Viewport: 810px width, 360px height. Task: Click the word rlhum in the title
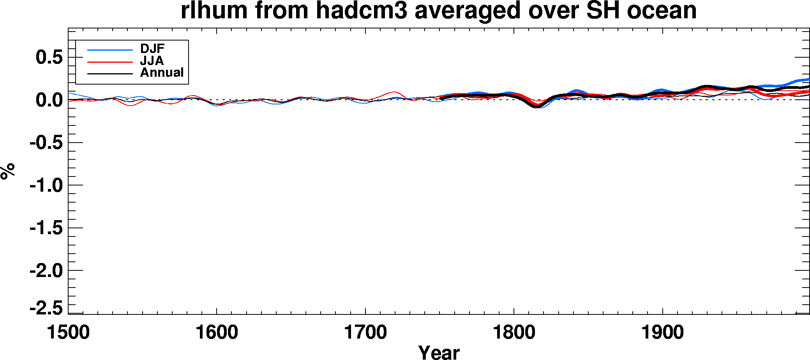[214, 10]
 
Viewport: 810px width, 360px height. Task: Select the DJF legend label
[152, 49]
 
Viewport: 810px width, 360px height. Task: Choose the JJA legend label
[152, 61]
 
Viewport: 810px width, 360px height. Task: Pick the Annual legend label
[162, 72]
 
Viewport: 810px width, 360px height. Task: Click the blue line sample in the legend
[110, 50]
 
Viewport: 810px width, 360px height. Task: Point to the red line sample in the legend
[110, 62]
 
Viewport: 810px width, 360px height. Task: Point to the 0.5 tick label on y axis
[49, 57]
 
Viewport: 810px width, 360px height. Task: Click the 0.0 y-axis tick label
[49, 100]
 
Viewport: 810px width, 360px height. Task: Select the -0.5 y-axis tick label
[46, 143]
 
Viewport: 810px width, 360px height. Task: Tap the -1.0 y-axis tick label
[46, 185]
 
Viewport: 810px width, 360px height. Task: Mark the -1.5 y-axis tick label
[46, 228]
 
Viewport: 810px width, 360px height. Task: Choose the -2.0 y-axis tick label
[46, 270]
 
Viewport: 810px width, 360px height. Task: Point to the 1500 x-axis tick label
[68, 333]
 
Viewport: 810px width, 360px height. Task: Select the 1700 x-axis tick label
[365, 333]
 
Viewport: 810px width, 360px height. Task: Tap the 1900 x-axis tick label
[663, 333]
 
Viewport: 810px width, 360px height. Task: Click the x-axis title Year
[439, 352]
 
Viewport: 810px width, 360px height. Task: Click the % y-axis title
[8, 171]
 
